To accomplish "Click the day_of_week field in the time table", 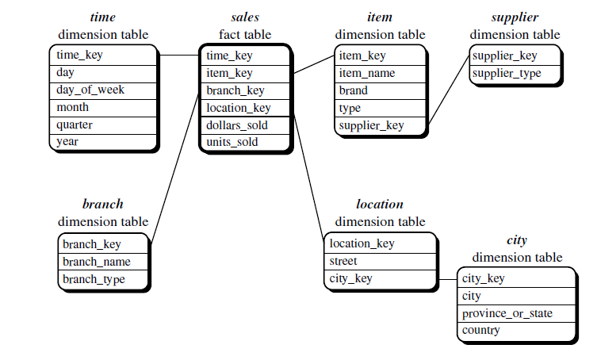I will (90, 90).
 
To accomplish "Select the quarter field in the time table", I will (75, 124).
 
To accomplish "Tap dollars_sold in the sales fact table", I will (237, 125).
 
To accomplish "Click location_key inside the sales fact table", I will (239, 108).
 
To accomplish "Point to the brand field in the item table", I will (353, 90).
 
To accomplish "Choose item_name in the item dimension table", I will (367, 73).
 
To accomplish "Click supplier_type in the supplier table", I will (507, 74).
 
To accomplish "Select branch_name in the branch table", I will (97, 262).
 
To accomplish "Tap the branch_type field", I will (94, 279).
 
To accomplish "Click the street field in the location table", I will (343, 261).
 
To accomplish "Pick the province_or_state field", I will (507, 313).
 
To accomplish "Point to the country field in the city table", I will (481, 330).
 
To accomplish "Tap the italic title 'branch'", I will (103, 205).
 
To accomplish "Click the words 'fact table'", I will (245, 34).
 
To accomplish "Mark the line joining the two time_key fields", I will (178, 55).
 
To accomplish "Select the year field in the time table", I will (67, 142).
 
